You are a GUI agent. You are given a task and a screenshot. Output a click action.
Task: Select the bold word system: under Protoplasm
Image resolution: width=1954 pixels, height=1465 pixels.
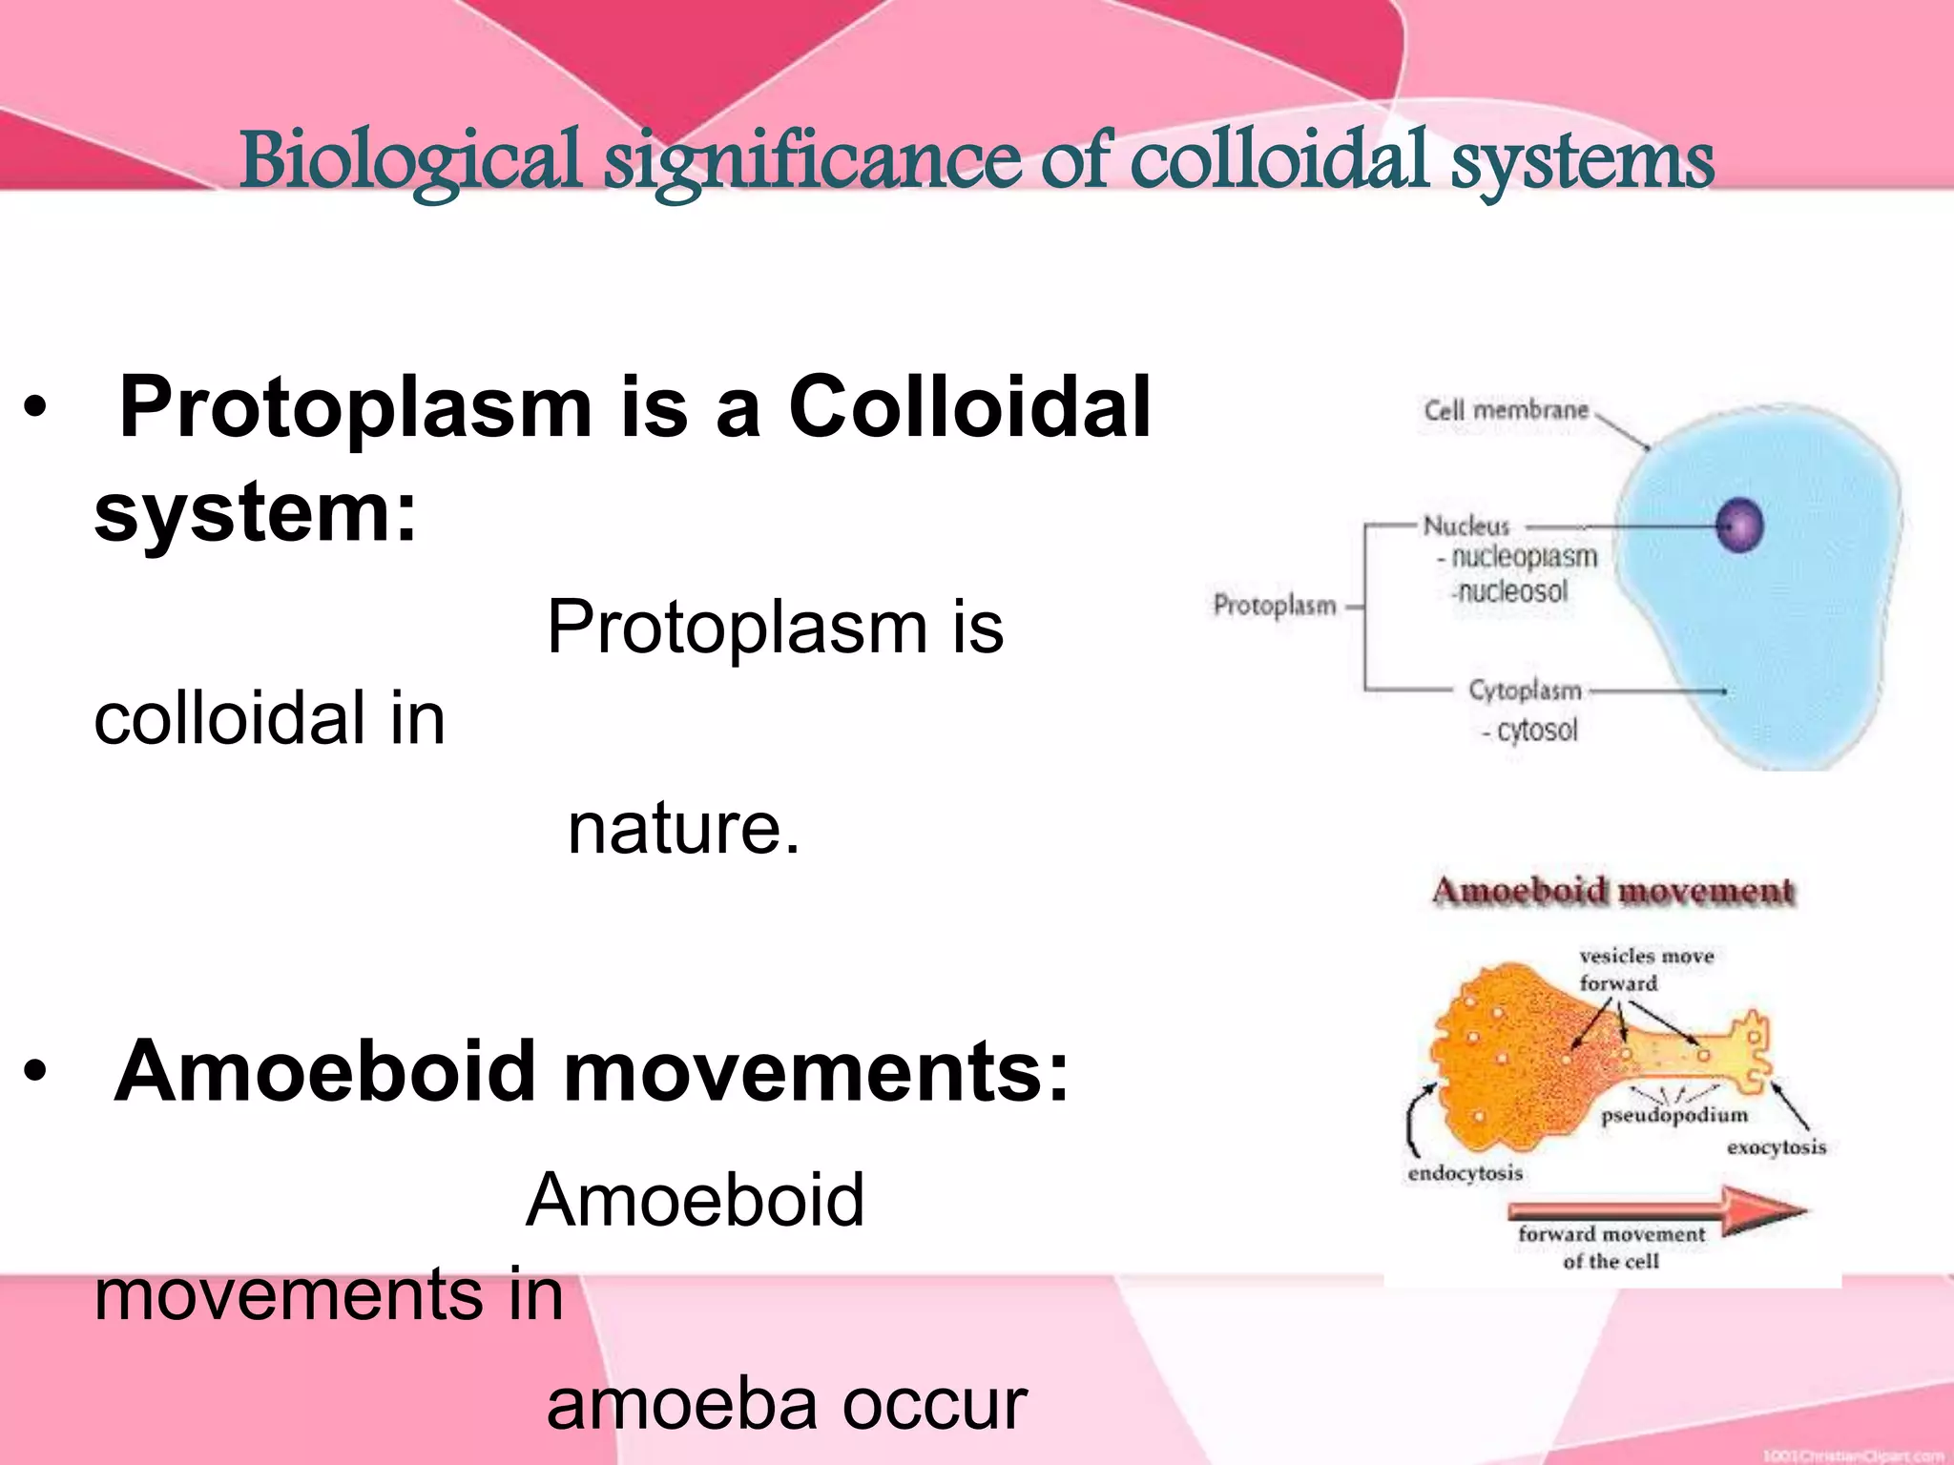pos(256,513)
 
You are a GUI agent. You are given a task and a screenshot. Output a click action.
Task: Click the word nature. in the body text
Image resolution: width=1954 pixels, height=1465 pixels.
pos(683,828)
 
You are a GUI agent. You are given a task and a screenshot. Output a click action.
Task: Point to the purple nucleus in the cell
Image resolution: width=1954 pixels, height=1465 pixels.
pos(1739,526)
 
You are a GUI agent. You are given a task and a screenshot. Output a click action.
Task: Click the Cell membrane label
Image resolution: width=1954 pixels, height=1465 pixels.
pos(1506,411)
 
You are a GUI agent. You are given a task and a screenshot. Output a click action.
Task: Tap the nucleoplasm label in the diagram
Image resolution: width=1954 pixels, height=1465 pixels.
pos(1523,557)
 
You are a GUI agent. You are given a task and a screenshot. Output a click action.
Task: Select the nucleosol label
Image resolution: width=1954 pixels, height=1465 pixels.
pos(1511,592)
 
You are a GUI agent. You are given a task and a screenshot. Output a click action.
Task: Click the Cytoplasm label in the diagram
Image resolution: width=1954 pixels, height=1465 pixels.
pos(1525,690)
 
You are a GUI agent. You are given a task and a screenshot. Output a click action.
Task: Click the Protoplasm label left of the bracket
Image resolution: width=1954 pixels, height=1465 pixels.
pos(1274,605)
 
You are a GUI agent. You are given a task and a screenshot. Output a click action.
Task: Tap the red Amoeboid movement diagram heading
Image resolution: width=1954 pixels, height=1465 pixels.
pos(1612,891)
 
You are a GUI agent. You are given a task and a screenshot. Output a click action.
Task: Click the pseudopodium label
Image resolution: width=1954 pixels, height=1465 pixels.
pos(1674,1115)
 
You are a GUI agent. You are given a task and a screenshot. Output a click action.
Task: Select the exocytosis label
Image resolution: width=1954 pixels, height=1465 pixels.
pos(1776,1147)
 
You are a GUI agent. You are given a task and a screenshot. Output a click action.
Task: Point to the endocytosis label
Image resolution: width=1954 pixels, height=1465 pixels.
pos(1465,1173)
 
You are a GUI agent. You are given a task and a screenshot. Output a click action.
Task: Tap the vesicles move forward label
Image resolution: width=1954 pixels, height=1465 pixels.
pos(1645,969)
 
